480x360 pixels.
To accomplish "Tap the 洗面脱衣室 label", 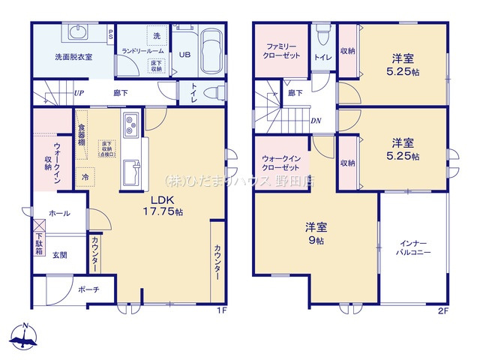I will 73,57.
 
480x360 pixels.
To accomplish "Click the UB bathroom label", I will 184,54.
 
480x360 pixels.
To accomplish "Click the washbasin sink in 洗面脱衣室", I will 78,31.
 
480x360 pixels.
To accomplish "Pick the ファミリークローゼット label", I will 281,51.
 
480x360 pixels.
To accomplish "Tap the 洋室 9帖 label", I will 315,233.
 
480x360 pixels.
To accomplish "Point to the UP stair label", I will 79,94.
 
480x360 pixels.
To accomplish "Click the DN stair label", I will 317,119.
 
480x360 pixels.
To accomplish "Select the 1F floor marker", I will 221,310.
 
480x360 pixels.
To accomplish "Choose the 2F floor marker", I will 444,310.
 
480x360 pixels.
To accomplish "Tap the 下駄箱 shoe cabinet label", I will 39,244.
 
